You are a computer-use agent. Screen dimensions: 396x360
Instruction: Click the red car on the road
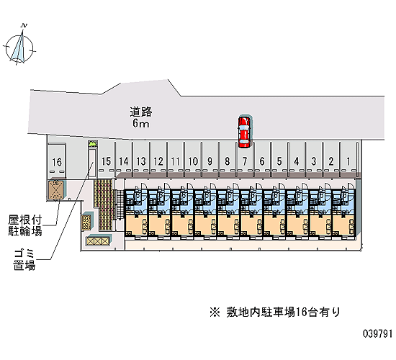point(244,132)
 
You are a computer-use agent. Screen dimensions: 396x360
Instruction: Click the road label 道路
point(141,112)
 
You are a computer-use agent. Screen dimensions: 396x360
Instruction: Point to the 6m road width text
point(140,124)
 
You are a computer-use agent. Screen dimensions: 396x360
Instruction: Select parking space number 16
point(57,162)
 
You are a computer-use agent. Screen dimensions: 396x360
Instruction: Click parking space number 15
point(106,161)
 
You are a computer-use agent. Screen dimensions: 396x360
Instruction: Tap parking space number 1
point(348,161)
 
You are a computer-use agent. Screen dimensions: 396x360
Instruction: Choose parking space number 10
point(193,161)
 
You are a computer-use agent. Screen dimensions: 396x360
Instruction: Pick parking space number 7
point(245,161)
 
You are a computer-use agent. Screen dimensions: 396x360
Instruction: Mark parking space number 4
point(297,161)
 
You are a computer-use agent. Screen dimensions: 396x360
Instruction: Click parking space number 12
point(158,161)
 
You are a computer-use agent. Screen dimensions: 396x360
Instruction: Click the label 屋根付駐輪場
point(25,225)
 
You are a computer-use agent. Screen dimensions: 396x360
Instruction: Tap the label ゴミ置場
point(24,260)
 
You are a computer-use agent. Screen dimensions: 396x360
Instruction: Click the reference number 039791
point(378,334)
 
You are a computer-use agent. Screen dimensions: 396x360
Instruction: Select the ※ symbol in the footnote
point(215,312)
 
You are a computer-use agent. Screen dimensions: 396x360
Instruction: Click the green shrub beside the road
point(92,144)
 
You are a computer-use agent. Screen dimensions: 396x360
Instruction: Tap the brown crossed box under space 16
point(56,189)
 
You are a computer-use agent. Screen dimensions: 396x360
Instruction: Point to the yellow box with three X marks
point(98,240)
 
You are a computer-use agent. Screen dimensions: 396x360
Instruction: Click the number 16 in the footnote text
point(301,312)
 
